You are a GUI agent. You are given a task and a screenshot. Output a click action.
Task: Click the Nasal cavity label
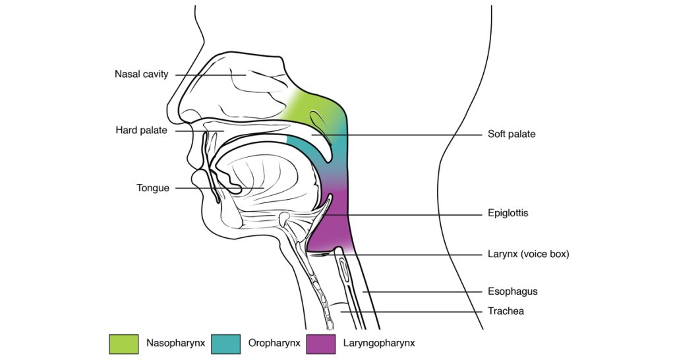pos(141,74)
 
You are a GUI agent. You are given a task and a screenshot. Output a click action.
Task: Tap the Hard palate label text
pos(141,130)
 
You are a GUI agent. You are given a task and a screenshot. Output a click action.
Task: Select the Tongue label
pos(153,188)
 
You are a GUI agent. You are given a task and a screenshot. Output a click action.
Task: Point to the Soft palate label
pos(512,134)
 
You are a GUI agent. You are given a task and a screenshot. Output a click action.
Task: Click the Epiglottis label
pos(508,213)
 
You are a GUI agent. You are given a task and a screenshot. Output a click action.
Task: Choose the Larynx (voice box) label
pos(528,254)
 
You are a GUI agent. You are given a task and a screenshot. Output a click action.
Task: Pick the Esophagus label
pos(513,291)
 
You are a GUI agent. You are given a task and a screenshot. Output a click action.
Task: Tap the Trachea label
pos(506,311)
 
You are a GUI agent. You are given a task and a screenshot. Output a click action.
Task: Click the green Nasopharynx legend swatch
pos(124,344)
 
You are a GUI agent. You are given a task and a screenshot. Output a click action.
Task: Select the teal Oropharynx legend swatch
pos(226,344)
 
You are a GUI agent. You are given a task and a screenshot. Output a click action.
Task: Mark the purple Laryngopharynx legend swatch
pos(321,344)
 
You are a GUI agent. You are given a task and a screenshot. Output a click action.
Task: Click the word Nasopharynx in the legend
pos(175,344)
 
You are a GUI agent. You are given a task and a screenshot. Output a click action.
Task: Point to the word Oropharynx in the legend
pos(274,344)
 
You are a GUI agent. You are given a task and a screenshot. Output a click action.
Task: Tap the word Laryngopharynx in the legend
pos(379,344)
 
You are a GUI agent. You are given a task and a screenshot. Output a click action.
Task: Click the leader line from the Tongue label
pos(220,188)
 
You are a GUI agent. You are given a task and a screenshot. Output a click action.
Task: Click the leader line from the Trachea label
pos(411,311)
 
